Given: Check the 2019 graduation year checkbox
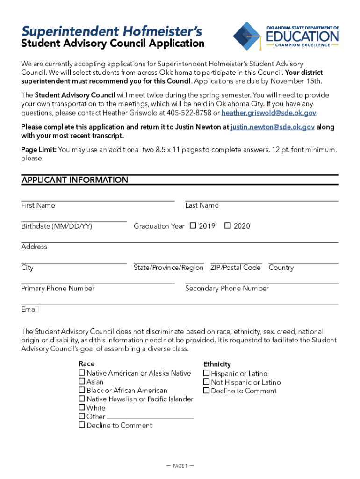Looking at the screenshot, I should [193, 226].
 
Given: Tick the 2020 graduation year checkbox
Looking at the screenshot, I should [228, 226].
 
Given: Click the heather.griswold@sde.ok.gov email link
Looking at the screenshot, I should [269, 113].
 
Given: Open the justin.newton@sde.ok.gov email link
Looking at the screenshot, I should [273, 127].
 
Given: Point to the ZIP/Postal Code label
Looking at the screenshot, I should [235, 268].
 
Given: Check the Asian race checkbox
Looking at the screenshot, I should [82, 382].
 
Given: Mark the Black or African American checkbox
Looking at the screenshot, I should [82, 390].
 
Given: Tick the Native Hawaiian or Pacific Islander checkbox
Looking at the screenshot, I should [82, 399].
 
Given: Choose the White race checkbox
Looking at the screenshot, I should [82, 408].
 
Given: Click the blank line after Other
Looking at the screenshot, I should [150, 417].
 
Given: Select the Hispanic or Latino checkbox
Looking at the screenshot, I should [206, 373].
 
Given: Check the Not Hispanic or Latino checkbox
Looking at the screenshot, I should [206, 382].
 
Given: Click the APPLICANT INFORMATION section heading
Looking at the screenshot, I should [75, 180].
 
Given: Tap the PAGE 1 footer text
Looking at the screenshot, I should [180, 466].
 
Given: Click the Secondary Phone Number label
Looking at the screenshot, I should [227, 289].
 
